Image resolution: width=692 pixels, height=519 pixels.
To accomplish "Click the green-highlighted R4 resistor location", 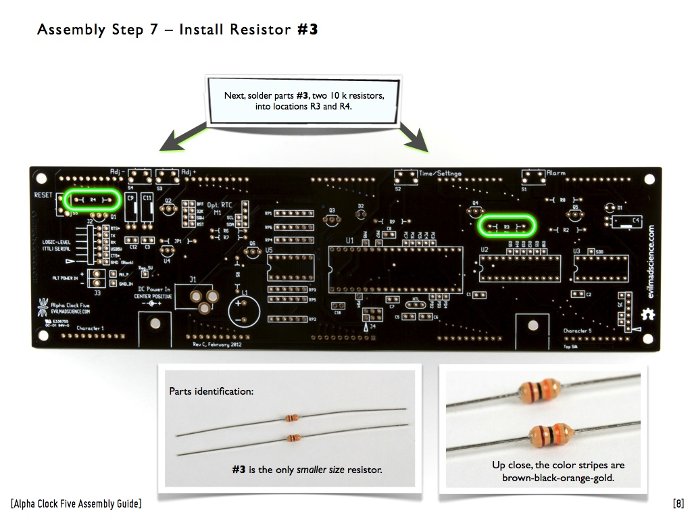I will tap(93, 200).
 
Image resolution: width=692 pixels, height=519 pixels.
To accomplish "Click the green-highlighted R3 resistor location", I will tap(506, 226).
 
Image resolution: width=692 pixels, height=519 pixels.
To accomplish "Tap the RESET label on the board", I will tap(43, 195).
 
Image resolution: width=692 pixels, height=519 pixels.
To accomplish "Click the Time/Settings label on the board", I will tap(440, 174).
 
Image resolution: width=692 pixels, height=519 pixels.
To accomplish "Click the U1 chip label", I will tap(349, 240).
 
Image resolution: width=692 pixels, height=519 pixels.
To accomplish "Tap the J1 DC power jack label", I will tap(193, 278).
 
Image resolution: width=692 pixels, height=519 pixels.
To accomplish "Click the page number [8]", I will tap(678, 503).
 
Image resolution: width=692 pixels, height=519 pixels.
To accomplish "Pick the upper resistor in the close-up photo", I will tap(543, 391).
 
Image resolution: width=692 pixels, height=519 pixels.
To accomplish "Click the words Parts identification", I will tap(212, 391).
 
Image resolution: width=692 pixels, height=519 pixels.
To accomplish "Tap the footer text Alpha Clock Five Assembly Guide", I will tap(76, 503).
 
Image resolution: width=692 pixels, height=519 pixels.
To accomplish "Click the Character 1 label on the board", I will tap(90, 328).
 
